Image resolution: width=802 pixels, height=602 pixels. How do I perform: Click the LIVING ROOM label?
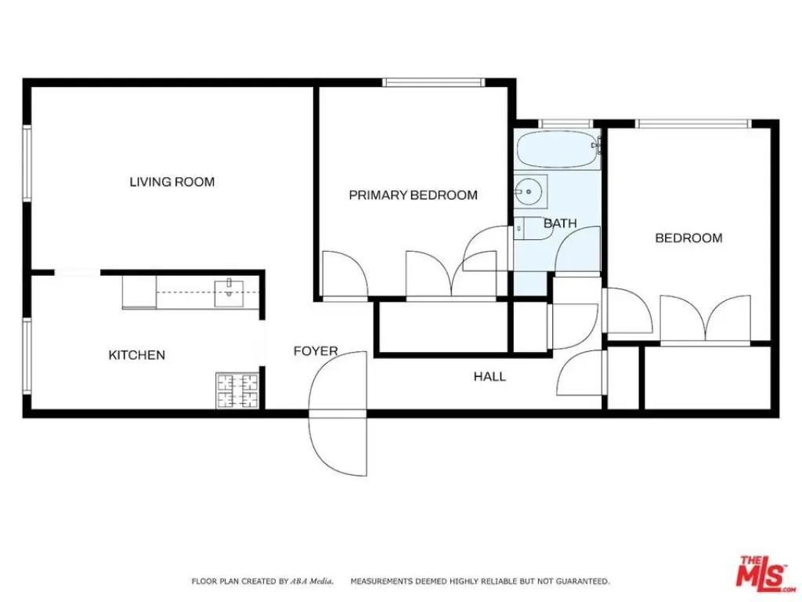(x=172, y=182)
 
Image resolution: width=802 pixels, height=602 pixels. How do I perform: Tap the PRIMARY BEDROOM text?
(x=414, y=195)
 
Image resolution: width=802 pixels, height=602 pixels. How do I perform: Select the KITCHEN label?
(x=136, y=355)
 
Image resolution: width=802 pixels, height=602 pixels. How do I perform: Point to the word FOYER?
(x=316, y=351)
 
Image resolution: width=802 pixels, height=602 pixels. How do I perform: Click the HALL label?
(x=490, y=377)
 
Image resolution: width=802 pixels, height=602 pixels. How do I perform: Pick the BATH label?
(x=560, y=223)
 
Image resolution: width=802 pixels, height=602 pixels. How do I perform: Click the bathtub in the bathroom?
(x=558, y=150)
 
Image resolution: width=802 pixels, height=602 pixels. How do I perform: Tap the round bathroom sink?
(x=530, y=191)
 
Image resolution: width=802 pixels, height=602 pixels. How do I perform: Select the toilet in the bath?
(x=531, y=228)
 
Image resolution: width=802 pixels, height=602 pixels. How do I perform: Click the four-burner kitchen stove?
(x=237, y=390)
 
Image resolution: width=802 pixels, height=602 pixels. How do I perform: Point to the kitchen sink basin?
(x=229, y=293)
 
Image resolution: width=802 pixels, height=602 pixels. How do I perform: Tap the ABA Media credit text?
(x=312, y=581)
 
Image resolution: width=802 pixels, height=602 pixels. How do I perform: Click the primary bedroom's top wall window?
(x=433, y=82)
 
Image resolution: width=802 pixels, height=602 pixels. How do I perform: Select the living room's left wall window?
(x=27, y=163)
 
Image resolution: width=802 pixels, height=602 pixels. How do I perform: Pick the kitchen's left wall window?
(x=27, y=356)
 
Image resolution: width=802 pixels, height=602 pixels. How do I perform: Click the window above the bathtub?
(x=565, y=124)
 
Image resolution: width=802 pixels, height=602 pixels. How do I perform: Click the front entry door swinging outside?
(x=338, y=444)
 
